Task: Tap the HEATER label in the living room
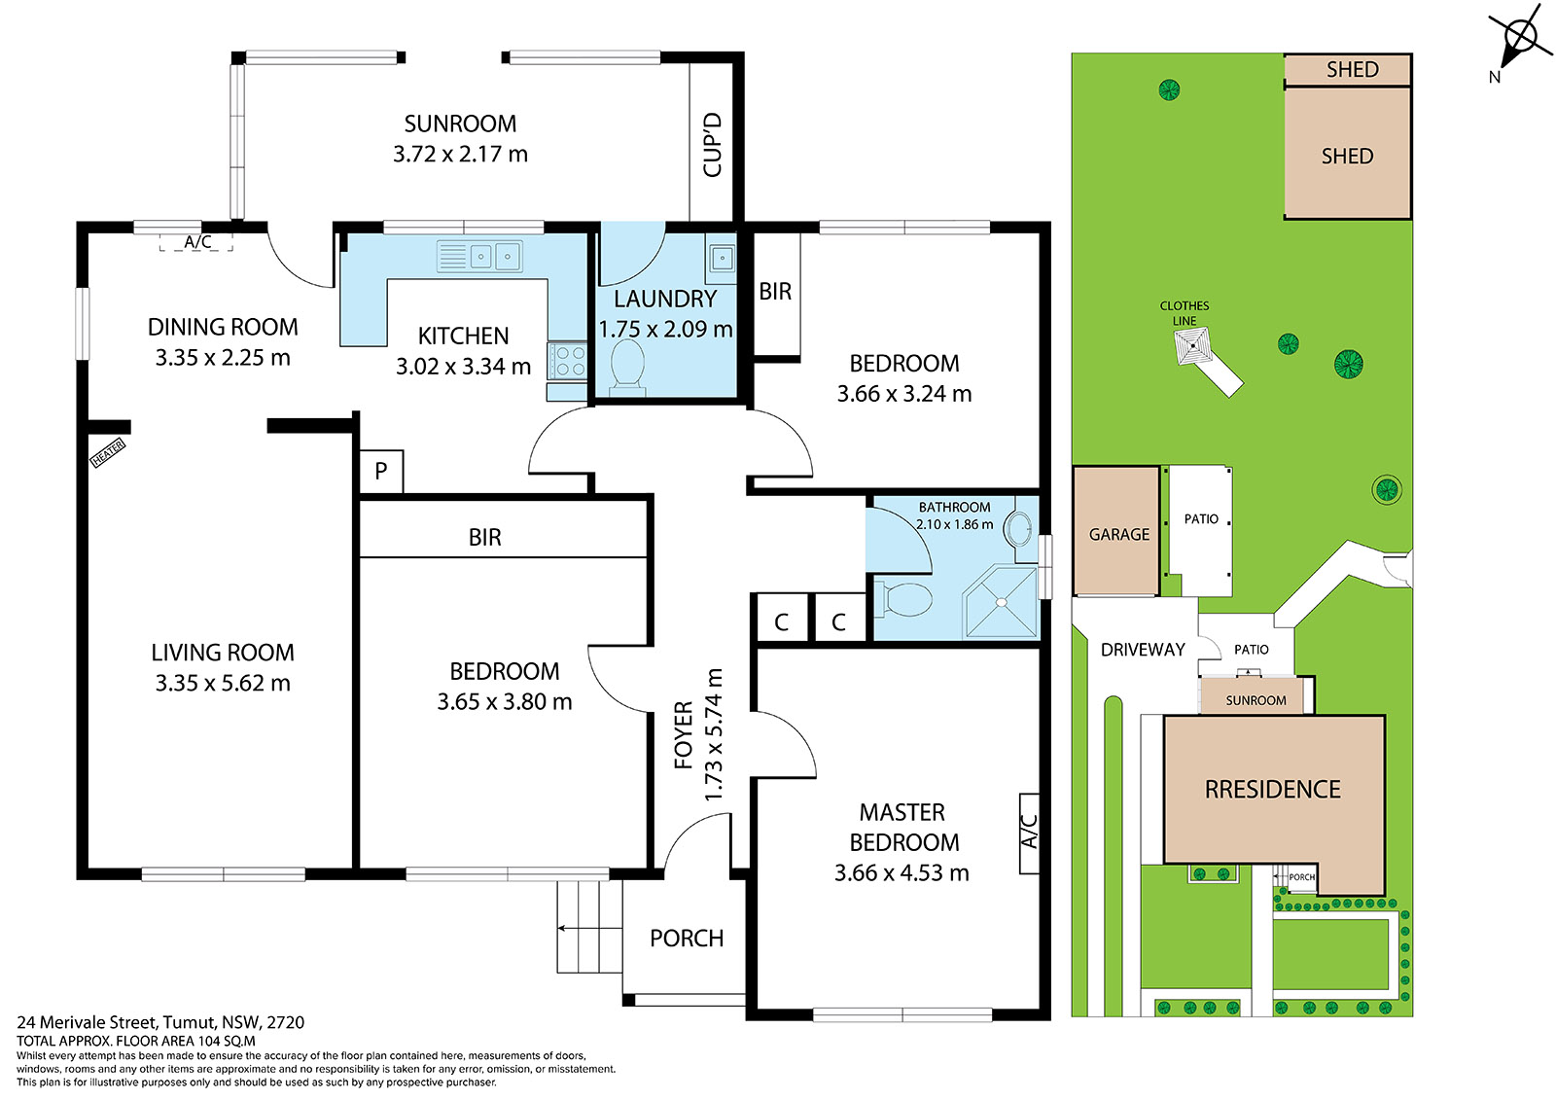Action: (108, 453)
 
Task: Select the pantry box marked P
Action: (380, 471)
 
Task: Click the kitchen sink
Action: (479, 257)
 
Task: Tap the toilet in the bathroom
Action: (903, 599)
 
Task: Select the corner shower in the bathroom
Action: (1001, 602)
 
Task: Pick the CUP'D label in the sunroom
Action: (713, 145)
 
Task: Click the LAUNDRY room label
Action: (665, 299)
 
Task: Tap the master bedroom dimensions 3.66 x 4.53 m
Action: (902, 872)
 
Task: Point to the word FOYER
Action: (685, 735)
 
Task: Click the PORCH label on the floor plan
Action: (687, 939)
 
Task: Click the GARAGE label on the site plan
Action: (1119, 534)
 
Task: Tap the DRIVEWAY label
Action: (1143, 650)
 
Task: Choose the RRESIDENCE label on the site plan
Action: (1273, 790)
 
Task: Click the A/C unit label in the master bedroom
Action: (1030, 832)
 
